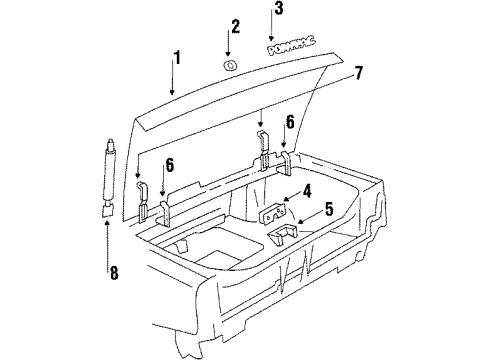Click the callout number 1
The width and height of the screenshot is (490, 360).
pyautogui.click(x=178, y=59)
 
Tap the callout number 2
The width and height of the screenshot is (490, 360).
pyautogui.click(x=235, y=25)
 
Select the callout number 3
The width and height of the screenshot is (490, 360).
pyautogui.click(x=279, y=10)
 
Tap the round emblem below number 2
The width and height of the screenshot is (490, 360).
pyautogui.click(x=230, y=65)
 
